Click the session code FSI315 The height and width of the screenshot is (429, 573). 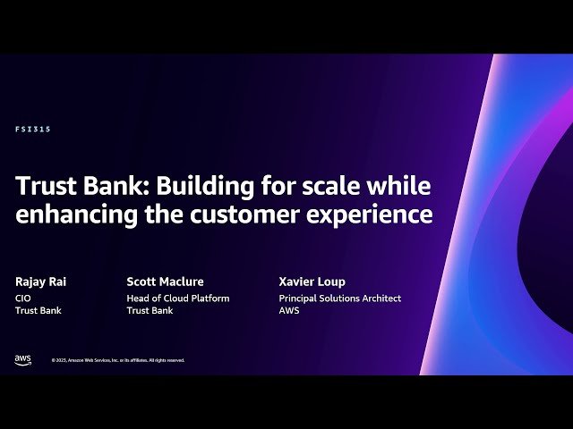pos(33,130)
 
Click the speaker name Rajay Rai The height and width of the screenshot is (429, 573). pos(40,282)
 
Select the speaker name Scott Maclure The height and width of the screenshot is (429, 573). pos(165,282)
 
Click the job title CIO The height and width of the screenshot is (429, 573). pos(23,299)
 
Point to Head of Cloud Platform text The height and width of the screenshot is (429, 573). pos(178,299)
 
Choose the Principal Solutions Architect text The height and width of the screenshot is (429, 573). pos(340,299)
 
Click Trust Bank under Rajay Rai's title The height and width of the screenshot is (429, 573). pos(38,311)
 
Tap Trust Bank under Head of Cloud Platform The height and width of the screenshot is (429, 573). pos(150,311)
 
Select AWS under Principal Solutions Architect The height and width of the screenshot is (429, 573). pos(289,311)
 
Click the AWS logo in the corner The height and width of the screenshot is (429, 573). pos(22,359)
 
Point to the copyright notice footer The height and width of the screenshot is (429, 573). pos(118,360)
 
